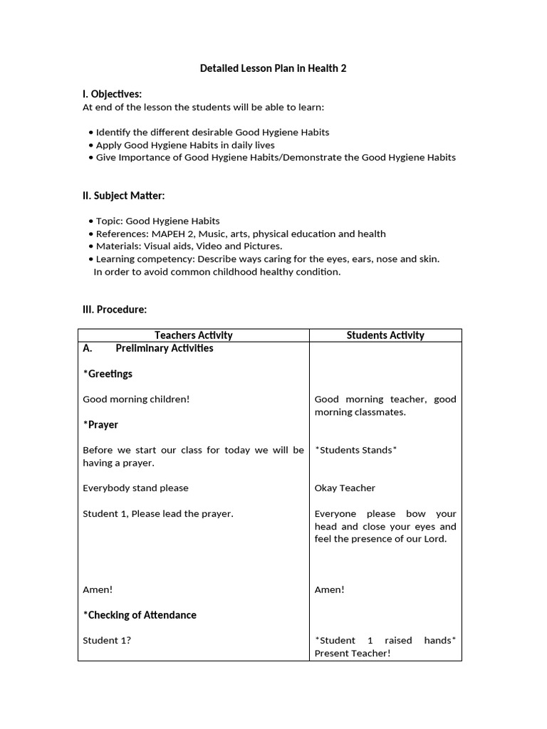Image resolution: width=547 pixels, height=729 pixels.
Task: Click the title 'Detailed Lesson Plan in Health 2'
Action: tap(273, 68)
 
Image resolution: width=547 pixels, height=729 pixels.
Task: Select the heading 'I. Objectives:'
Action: tap(113, 94)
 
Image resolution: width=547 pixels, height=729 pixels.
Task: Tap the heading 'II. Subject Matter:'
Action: tap(124, 195)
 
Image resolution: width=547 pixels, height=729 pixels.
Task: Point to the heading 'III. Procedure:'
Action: tap(115, 310)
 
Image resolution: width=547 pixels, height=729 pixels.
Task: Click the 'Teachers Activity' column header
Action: tap(193, 335)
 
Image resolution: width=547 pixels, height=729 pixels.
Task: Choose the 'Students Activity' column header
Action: tap(385, 335)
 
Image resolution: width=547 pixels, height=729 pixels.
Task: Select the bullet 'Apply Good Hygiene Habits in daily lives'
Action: tap(185, 145)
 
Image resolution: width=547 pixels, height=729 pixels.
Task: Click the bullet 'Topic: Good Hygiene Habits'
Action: tap(157, 221)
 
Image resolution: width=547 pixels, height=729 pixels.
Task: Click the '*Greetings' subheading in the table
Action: tap(108, 374)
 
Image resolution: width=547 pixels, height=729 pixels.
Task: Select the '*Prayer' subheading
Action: tap(100, 425)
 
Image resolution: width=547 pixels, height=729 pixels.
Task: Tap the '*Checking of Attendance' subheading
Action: tap(140, 615)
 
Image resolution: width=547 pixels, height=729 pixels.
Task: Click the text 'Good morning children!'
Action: tap(136, 399)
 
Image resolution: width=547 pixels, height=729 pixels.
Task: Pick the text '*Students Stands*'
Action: tap(355, 450)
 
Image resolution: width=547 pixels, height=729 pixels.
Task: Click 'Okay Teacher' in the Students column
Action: tap(345, 488)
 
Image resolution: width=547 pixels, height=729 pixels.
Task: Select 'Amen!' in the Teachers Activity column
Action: tap(98, 589)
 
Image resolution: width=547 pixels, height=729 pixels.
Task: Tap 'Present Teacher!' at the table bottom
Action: tap(353, 654)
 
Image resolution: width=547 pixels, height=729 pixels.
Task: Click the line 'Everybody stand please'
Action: tap(135, 488)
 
